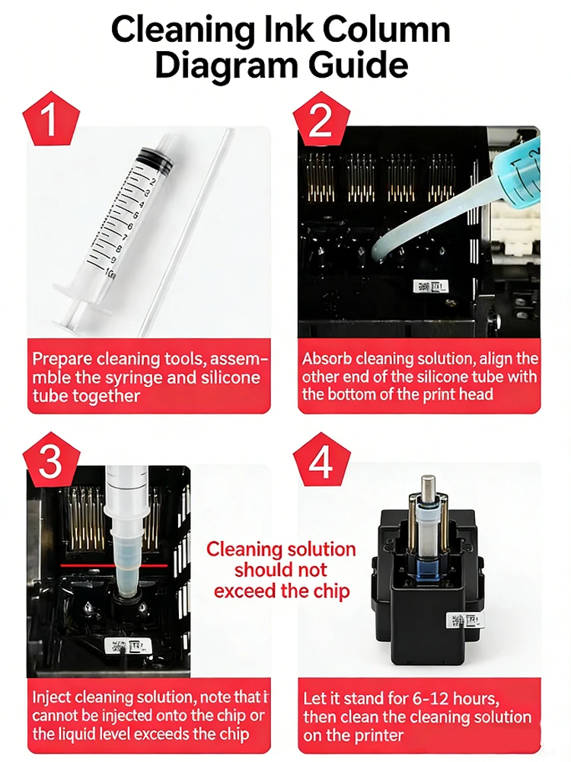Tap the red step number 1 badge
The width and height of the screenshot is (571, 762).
(x=51, y=119)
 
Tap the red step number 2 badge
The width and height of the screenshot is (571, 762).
(x=321, y=119)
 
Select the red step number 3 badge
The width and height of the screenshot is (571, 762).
(x=51, y=459)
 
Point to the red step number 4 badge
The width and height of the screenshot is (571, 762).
(x=321, y=459)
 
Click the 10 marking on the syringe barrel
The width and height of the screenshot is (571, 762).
(x=110, y=273)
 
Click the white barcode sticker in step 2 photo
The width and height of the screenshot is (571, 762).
(x=430, y=287)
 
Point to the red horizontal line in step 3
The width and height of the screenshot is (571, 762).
(x=114, y=565)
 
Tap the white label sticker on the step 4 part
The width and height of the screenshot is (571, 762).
(x=464, y=620)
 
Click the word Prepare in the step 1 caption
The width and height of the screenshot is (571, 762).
(x=62, y=360)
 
